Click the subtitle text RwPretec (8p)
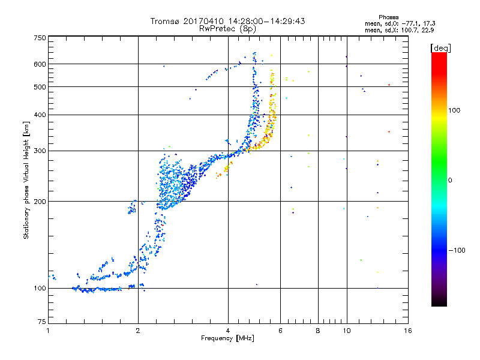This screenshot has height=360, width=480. (x=227, y=29)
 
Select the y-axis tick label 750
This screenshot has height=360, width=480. (x=40, y=38)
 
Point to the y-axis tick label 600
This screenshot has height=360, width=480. (x=40, y=64)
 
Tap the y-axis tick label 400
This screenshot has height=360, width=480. (x=40, y=115)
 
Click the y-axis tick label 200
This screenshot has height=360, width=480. (x=40, y=202)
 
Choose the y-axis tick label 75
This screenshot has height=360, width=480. (x=42, y=322)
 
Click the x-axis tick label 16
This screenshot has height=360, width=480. (x=408, y=331)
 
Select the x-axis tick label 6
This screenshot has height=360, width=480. (x=280, y=331)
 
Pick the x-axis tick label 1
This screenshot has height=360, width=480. (x=48, y=331)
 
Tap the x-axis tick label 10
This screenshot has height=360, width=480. (x=347, y=331)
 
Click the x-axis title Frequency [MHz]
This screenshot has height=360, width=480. (x=227, y=338)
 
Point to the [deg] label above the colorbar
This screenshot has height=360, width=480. (x=440, y=48)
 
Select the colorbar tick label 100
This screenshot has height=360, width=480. (x=454, y=110)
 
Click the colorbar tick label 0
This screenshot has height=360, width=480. (x=450, y=181)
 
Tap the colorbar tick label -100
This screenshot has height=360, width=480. (x=457, y=250)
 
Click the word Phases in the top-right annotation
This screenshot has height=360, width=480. (x=388, y=17)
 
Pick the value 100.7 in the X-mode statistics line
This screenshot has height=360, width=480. (x=409, y=31)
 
